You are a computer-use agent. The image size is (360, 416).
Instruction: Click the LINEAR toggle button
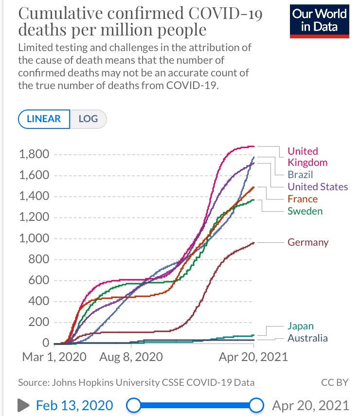(x=44, y=119)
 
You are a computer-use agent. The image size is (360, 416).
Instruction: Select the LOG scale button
(x=88, y=119)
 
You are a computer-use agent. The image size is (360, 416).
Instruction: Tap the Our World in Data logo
(x=319, y=21)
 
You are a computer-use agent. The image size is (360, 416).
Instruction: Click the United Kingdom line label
(x=307, y=157)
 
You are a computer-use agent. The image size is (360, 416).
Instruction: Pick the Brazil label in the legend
(x=300, y=175)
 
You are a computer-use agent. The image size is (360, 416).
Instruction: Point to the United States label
(x=318, y=187)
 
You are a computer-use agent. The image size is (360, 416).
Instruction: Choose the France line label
(x=303, y=199)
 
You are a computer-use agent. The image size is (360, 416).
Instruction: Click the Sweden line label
(x=305, y=211)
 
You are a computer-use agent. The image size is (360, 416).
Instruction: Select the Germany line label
(x=308, y=242)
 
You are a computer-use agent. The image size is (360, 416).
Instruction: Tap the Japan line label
(x=301, y=326)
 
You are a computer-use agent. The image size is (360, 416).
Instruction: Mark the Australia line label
(x=307, y=338)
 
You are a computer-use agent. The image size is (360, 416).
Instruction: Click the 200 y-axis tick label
(x=41, y=322)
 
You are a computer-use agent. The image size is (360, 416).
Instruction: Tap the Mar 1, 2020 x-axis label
(x=54, y=357)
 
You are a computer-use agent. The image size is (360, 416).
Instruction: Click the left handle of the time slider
(x=133, y=405)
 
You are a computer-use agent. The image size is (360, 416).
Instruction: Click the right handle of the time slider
(x=256, y=405)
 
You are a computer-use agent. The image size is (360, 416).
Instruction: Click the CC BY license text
(x=335, y=382)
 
